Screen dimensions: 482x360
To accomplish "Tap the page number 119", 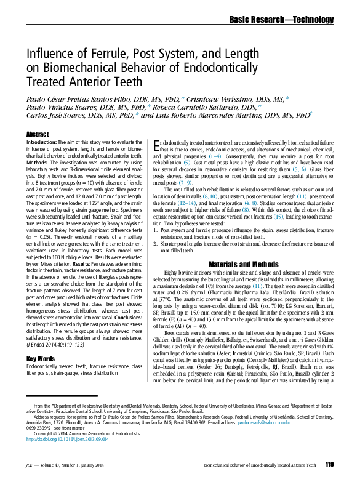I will point(329,464).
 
